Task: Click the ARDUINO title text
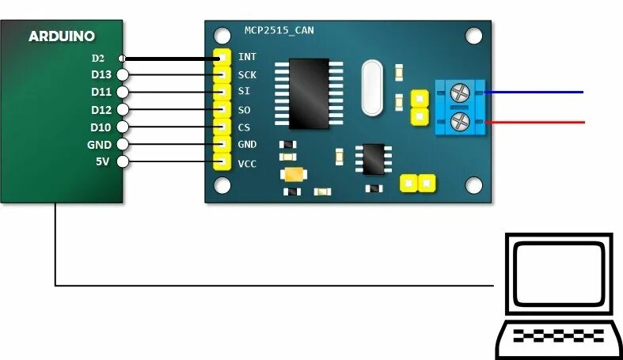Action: (x=61, y=36)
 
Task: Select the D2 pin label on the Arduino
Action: (x=98, y=58)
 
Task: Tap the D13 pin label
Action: (x=101, y=75)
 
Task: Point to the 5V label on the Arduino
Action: (x=101, y=162)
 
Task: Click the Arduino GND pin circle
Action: (x=121, y=145)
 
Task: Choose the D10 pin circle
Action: (x=121, y=127)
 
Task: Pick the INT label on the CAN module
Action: (x=246, y=58)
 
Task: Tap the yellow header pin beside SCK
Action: (x=221, y=75)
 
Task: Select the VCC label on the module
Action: (x=247, y=164)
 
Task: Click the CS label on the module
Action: (x=244, y=127)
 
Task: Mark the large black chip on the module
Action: (x=309, y=94)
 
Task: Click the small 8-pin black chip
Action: (x=371, y=157)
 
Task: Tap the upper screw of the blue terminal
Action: (x=458, y=94)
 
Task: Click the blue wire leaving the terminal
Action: (x=538, y=93)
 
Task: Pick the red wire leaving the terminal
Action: (x=538, y=123)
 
